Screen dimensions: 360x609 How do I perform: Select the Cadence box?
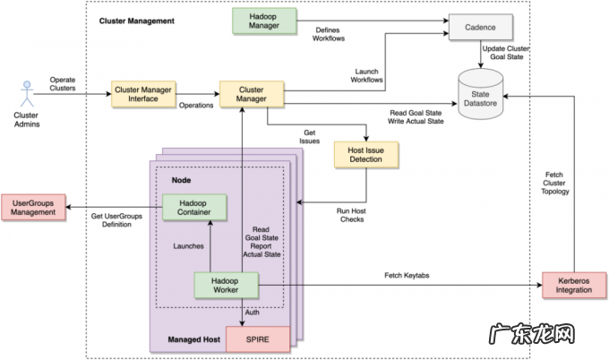tap(482, 29)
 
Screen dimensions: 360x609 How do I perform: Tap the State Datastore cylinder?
tap(482, 99)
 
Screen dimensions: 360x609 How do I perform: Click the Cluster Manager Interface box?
tap(143, 93)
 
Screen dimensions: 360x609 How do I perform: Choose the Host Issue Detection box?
tap(365, 155)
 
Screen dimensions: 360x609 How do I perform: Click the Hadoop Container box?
tap(194, 208)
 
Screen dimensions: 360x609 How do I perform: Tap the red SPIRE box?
tap(258, 339)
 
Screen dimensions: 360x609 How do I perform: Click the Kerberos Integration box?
tap(574, 285)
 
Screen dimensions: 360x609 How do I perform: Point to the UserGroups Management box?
tap(34, 208)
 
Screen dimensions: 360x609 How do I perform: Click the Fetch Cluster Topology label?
tap(556, 183)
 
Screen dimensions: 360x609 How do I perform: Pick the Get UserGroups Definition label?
tap(112, 219)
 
